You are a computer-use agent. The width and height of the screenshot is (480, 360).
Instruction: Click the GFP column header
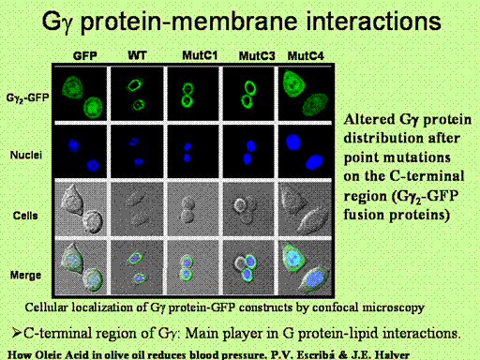85,56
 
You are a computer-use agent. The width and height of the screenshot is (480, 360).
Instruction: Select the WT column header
137,55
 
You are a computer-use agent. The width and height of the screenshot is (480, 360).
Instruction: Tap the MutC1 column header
200,55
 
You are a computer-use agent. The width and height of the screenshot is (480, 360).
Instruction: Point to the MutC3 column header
257,56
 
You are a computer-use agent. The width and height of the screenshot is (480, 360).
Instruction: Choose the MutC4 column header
306,56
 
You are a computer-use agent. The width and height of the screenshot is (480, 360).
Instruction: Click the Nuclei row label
26,155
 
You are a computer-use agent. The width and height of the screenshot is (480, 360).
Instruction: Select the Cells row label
25,216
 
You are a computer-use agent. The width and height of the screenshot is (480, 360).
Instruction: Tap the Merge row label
25,276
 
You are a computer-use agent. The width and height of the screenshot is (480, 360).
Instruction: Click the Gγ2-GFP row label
27,98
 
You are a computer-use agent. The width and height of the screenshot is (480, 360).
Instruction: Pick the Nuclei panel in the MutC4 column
305,152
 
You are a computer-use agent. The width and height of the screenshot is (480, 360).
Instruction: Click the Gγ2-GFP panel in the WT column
137,94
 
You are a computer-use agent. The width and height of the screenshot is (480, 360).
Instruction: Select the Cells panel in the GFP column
81,208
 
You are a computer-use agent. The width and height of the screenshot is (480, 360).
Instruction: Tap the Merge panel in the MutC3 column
249,267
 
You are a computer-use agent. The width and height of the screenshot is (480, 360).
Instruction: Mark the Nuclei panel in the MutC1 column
193,152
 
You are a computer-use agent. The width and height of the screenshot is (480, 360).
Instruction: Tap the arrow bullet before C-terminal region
16,333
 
